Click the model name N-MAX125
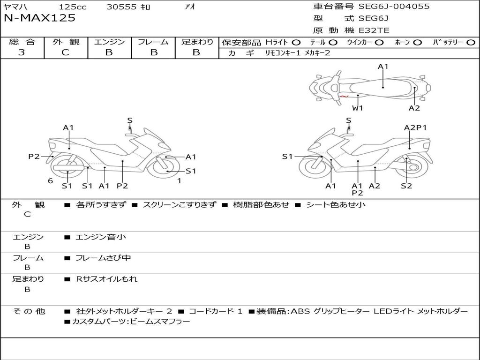39,18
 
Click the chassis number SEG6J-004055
394,7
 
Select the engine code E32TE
374,30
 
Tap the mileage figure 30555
121,7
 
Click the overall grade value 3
22,52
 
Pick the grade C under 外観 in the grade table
65,52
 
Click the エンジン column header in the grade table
109,42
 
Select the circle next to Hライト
296,42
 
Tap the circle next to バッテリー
471,42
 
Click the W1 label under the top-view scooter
358,108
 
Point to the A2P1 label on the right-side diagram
415,127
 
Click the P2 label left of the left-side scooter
34,157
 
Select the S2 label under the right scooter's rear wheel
406,186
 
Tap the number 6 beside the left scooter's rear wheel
50,181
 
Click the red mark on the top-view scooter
345,97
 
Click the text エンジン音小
101,237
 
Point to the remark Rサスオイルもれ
107,279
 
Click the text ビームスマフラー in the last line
161,322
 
